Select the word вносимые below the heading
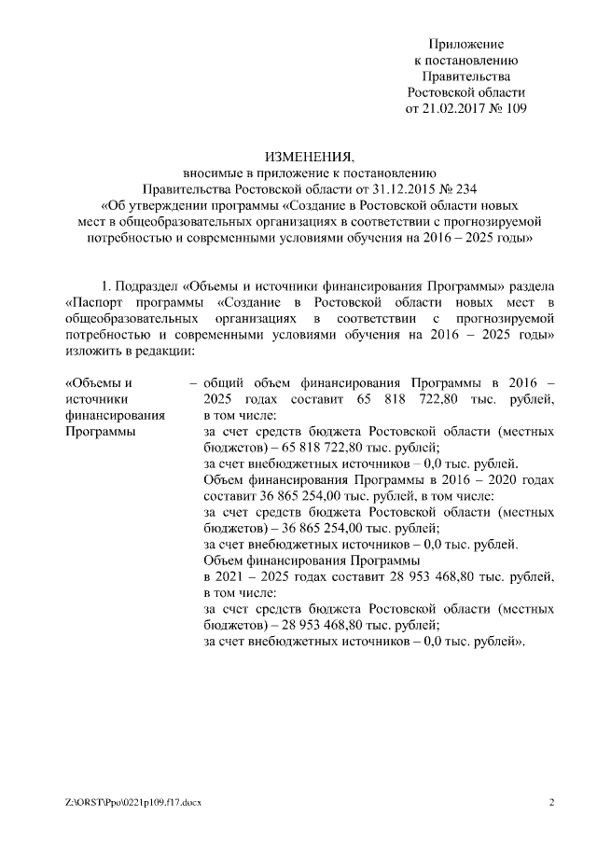(x=211, y=173)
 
